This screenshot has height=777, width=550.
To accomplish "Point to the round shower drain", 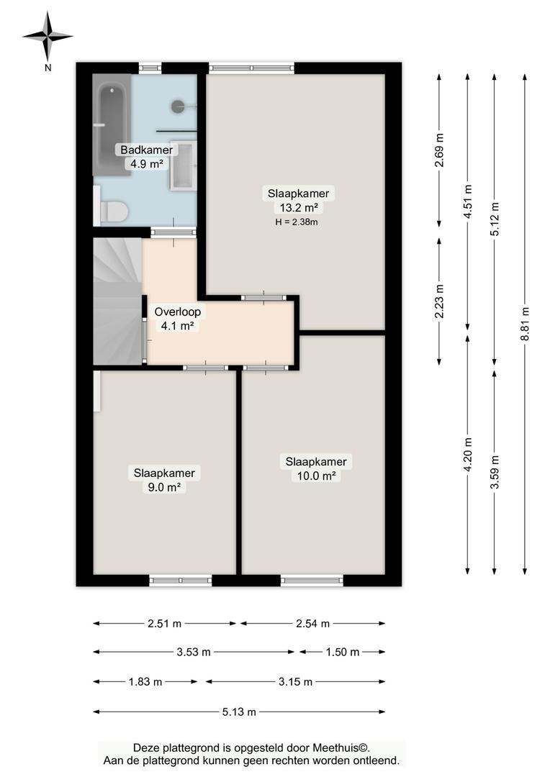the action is [178, 106].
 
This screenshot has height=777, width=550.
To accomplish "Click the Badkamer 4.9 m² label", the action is [147, 157].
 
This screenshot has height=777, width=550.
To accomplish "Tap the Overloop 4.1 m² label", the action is [178, 319].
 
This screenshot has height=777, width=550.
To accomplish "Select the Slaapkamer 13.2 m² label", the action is [299, 200].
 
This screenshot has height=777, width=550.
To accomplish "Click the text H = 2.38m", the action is [297, 222].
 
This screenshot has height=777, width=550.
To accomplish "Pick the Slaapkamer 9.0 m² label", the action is [164, 480].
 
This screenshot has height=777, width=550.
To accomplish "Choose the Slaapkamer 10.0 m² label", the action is [316, 469].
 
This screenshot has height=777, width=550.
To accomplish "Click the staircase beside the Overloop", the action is [118, 301].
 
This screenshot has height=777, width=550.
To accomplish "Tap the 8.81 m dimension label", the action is [525, 323].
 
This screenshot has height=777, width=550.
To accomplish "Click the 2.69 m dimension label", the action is [439, 150].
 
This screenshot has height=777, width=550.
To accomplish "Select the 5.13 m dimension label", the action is [239, 712].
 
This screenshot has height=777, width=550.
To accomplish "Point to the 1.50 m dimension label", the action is [343, 652].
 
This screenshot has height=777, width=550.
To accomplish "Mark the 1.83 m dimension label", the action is [145, 682].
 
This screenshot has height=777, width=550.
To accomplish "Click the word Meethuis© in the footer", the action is [341, 748].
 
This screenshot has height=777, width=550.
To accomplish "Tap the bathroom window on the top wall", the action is [150, 68].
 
